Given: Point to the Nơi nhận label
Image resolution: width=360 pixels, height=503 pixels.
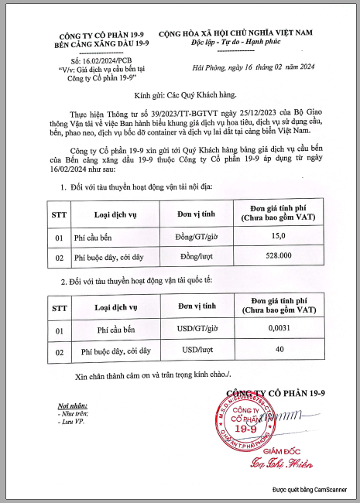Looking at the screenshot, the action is [63, 407].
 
